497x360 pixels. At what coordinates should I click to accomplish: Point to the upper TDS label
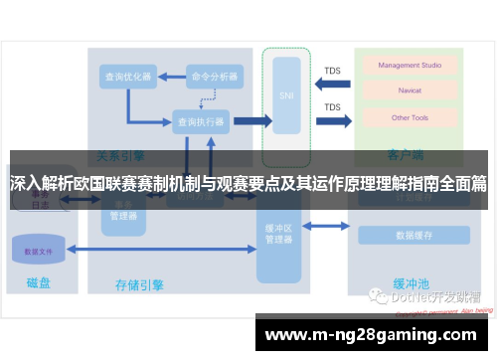tap(332, 71)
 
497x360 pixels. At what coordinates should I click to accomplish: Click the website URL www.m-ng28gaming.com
tap(375, 334)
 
